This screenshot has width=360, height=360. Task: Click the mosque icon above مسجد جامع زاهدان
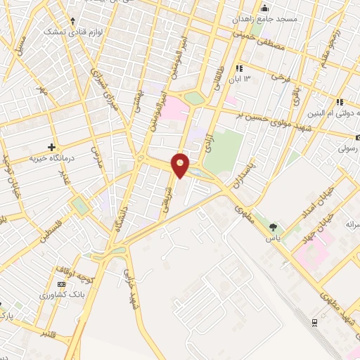[x=264, y=8]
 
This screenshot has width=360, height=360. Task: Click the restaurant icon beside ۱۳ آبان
[x=239, y=68]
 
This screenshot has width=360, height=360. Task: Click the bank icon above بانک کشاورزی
[x=60, y=283]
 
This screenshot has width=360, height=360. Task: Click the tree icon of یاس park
[x=273, y=227]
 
